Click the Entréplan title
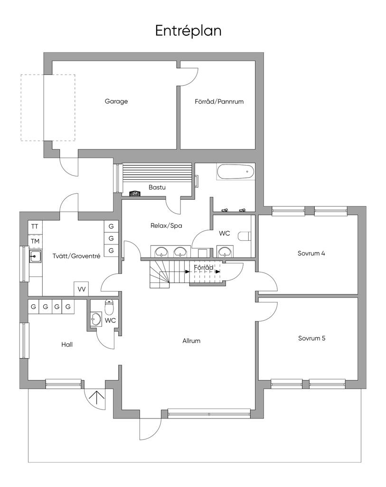click(x=188, y=31)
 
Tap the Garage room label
click(x=116, y=101)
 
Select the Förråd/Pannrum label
click(x=219, y=101)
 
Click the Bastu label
click(x=157, y=187)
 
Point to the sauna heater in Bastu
click(x=135, y=193)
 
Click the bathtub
click(x=235, y=172)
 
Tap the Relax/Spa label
click(x=170, y=225)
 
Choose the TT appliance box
click(x=35, y=226)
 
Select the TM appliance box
click(x=35, y=241)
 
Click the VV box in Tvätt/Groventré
click(x=82, y=289)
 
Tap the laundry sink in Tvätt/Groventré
click(x=35, y=257)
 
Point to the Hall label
click(x=67, y=344)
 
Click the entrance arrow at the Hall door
click(x=97, y=398)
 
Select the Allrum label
click(x=191, y=341)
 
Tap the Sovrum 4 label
click(x=311, y=253)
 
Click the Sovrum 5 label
click(x=311, y=339)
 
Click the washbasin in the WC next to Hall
click(x=96, y=319)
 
